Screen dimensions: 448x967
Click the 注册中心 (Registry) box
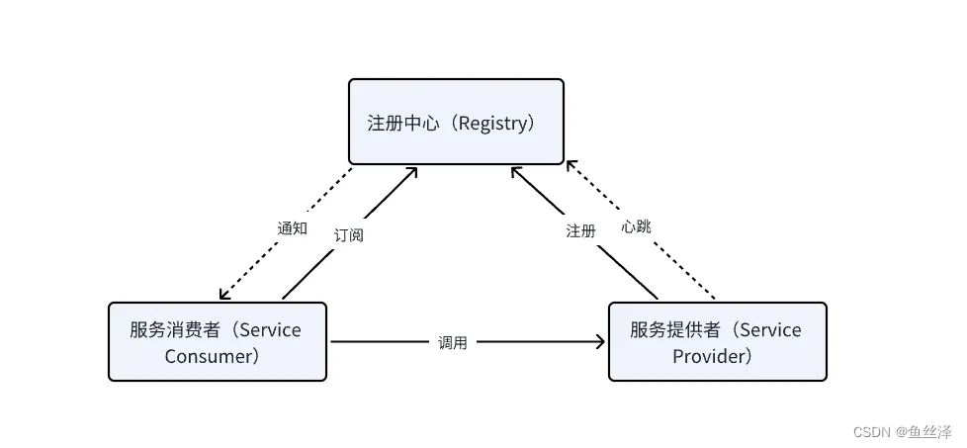pyautogui.click(x=456, y=122)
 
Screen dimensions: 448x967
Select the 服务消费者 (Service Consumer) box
pyautogui.click(x=218, y=341)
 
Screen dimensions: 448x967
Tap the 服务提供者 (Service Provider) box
pyautogui.click(x=717, y=341)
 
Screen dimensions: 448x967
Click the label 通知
pyautogui.click(x=292, y=227)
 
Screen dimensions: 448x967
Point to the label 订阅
pyautogui.click(x=348, y=235)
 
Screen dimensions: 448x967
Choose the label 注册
pyautogui.click(x=580, y=230)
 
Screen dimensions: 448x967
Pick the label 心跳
pyautogui.click(x=636, y=226)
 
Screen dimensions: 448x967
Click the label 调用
pyautogui.click(x=452, y=342)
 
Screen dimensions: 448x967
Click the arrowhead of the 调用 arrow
pyautogui.click(x=600, y=342)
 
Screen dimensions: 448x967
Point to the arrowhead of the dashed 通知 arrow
pyautogui.click(x=224, y=295)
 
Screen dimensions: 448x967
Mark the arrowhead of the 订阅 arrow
pyautogui.click(x=412, y=171)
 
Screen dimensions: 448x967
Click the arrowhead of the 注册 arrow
pyautogui.click(x=515, y=171)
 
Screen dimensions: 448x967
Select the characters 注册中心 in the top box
pyautogui.click(x=397, y=124)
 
